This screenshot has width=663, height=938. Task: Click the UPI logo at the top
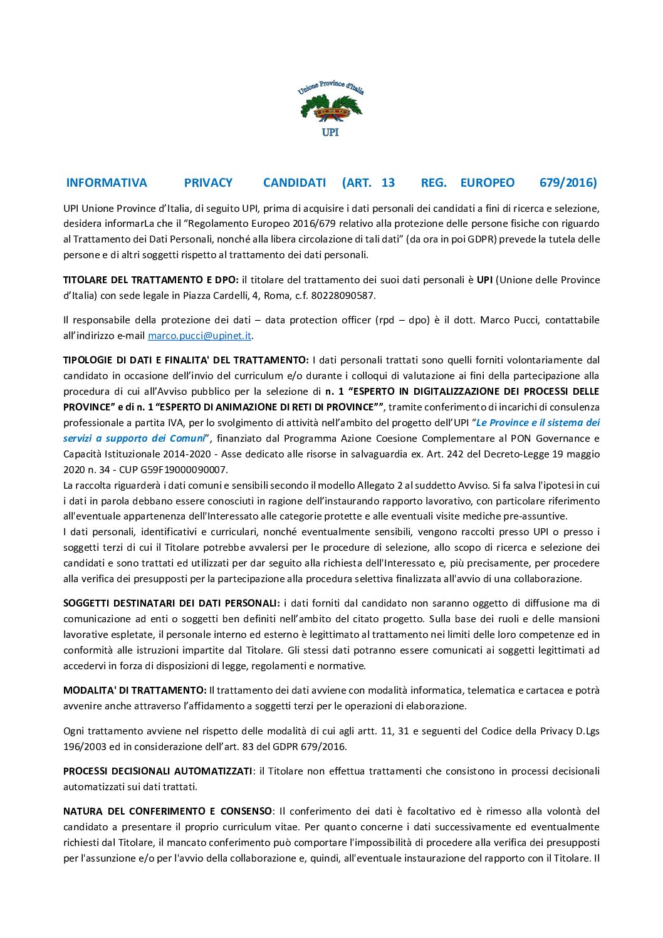click(330, 108)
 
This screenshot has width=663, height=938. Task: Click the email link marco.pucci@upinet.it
click(199, 336)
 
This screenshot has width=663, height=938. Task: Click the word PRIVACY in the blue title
click(208, 183)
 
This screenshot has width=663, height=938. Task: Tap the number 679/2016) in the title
click(568, 183)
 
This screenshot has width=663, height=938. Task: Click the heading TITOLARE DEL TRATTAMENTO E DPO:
click(150, 280)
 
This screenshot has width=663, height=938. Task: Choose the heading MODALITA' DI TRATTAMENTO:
click(135, 690)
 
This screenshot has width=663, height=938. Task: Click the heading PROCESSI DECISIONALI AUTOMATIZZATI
click(157, 771)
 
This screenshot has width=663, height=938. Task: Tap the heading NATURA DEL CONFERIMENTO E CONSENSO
click(167, 811)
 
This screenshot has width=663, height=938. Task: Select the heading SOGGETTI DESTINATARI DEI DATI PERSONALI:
click(171, 603)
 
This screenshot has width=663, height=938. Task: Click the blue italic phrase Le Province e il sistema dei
click(538, 423)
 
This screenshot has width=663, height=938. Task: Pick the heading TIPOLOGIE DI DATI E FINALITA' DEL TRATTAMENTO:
click(185, 360)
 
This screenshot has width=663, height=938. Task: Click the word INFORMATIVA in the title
click(107, 183)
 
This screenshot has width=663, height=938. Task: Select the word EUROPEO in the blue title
click(487, 183)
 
